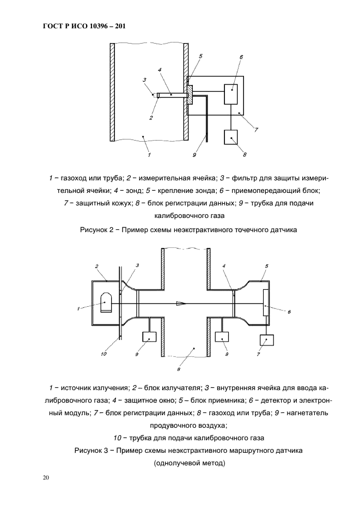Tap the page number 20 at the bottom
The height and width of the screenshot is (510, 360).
[x=46, y=478]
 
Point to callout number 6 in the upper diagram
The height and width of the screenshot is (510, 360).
[x=241, y=57]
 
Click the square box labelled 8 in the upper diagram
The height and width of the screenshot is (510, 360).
[x=231, y=137]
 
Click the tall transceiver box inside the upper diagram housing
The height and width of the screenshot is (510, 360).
[x=231, y=95]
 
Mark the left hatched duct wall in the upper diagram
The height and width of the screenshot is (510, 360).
[x=112, y=92]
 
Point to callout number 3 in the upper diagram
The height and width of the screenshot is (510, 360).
[x=144, y=80]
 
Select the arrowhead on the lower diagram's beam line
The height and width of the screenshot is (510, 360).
[x=180, y=303]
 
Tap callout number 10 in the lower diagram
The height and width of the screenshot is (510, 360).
[x=105, y=354]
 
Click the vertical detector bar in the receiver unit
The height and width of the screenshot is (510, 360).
[x=265, y=303]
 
